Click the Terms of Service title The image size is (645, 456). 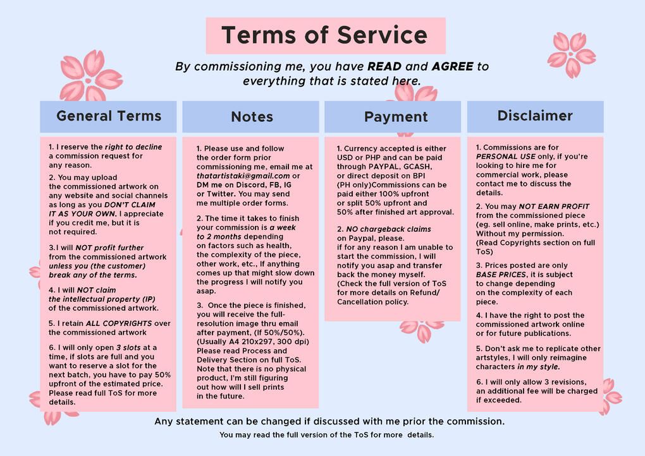(325, 35)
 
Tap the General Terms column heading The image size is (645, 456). (109, 116)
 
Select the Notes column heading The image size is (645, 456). (252, 117)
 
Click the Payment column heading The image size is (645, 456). (396, 117)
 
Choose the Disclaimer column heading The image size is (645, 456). (535, 116)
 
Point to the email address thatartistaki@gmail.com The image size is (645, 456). (243, 176)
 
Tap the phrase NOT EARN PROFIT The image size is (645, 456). (554, 207)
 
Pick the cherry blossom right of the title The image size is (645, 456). (571, 55)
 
